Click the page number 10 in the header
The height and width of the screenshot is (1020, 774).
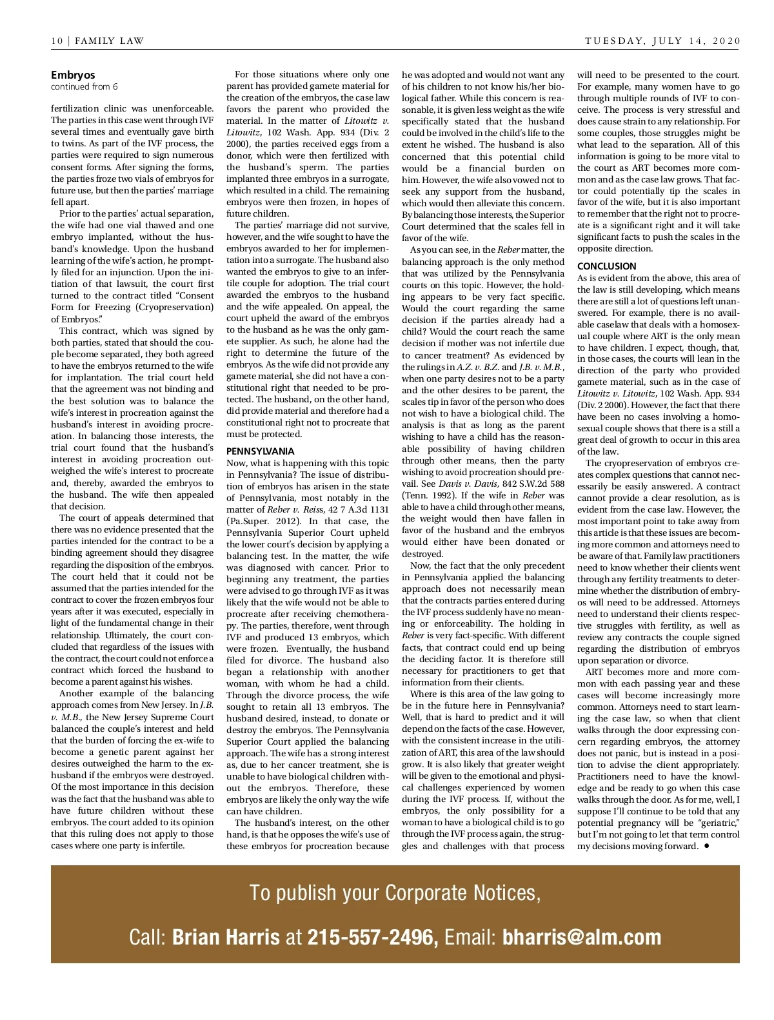57,41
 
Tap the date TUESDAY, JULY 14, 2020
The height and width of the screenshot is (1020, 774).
662,41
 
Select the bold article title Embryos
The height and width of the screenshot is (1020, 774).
73,75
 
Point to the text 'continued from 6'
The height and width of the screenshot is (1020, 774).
84,86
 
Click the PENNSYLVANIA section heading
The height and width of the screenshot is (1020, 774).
260,451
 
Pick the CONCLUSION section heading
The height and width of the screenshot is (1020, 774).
606,266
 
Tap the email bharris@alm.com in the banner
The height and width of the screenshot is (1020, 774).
582,937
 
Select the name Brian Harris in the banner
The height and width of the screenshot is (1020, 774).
226,937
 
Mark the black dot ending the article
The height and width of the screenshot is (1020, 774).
706,845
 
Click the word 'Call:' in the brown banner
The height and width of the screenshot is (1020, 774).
148,937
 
